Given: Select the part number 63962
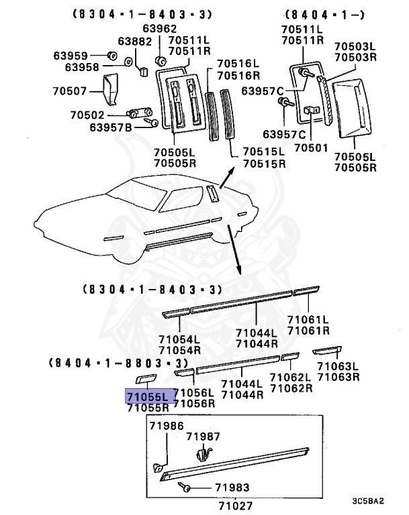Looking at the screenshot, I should click(x=159, y=28).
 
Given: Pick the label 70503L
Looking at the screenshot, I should click(x=355, y=46).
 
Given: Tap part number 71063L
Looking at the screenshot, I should click(x=340, y=366).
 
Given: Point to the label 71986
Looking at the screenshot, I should click(x=166, y=426).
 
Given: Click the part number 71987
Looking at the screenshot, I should click(x=203, y=437).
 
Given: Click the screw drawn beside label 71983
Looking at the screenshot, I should click(x=185, y=489).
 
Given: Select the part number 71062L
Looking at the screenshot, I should click(x=291, y=378).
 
